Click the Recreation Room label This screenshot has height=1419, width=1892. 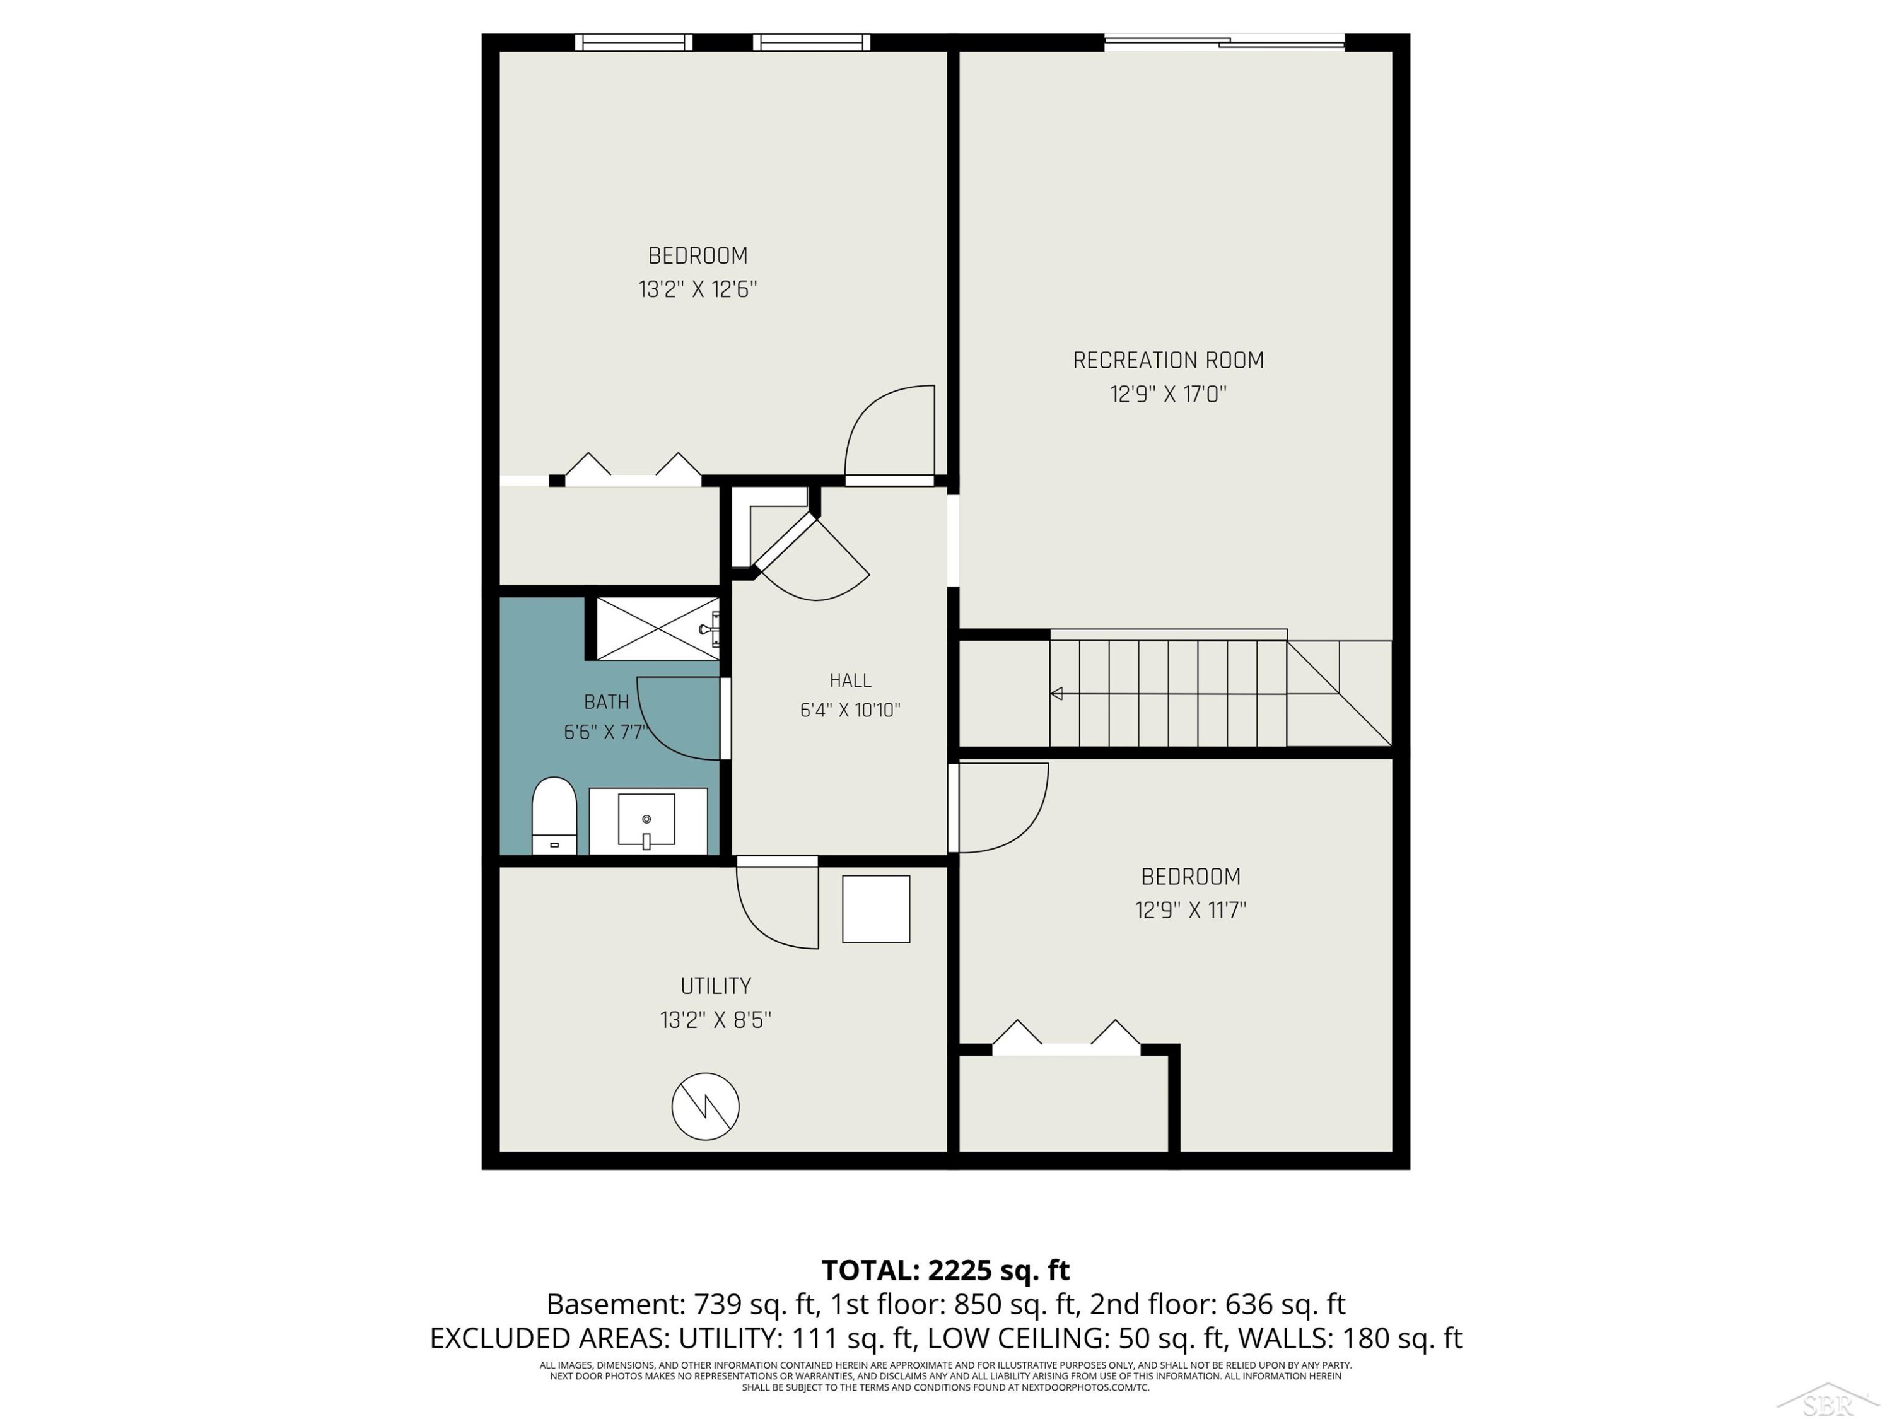(x=1169, y=360)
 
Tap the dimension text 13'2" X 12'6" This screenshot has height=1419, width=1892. (x=698, y=289)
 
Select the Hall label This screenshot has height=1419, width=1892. (x=850, y=680)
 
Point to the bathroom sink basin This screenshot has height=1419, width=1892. (x=646, y=819)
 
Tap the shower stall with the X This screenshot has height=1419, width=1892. (x=658, y=629)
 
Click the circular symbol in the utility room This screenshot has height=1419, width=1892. (x=706, y=1106)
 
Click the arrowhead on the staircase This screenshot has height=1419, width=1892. (x=1056, y=693)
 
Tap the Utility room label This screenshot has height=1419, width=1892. (x=716, y=985)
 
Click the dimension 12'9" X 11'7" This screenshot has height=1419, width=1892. (x=1191, y=909)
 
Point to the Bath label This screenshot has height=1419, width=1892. (x=607, y=701)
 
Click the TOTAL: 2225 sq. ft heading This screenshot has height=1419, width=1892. (x=946, y=1270)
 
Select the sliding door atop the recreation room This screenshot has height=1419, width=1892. (x=1225, y=41)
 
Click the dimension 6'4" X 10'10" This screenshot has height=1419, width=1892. (x=850, y=710)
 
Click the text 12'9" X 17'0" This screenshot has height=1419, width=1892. (x=1169, y=394)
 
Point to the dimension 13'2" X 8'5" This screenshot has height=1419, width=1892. (x=716, y=1020)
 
